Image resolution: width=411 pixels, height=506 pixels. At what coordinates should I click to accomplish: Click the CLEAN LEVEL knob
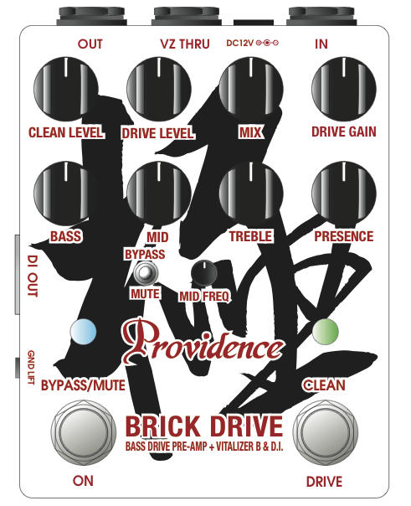pyautogui.click(x=66, y=89)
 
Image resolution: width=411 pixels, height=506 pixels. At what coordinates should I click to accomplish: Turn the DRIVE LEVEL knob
pyautogui.click(x=159, y=89)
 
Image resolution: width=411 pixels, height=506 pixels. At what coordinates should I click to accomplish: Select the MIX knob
pyautogui.click(x=251, y=89)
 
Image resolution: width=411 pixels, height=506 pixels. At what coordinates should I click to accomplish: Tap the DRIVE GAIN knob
pyautogui.click(x=344, y=89)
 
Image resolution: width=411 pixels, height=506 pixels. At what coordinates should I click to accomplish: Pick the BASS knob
pyautogui.click(x=66, y=194)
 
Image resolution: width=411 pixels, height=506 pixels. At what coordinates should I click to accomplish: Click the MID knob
pyautogui.click(x=159, y=194)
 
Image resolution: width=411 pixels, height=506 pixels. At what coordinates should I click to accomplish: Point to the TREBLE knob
pyautogui.click(x=251, y=194)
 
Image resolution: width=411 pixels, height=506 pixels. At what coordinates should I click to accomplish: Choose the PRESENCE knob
pyautogui.click(x=344, y=194)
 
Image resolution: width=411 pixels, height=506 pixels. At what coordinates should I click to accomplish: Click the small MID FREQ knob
pyautogui.click(x=204, y=273)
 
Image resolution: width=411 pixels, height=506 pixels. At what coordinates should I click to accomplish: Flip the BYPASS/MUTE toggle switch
pyautogui.click(x=146, y=273)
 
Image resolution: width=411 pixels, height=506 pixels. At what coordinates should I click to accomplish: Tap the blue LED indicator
pyautogui.click(x=83, y=331)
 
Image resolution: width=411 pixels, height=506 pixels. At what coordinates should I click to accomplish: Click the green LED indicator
pyautogui.click(x=326, y=331)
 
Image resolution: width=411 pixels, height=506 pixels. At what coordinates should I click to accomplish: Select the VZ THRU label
pyautogui.click(x=185, y=44)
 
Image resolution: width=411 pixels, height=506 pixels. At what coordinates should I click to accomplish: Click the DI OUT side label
pyautogui.click(x=33, y=276)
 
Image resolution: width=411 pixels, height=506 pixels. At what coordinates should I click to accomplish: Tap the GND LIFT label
pyautogui.click(x=31, y=367)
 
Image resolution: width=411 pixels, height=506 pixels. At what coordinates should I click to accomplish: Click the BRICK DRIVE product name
pyautogui.click(x=204, y=426)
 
